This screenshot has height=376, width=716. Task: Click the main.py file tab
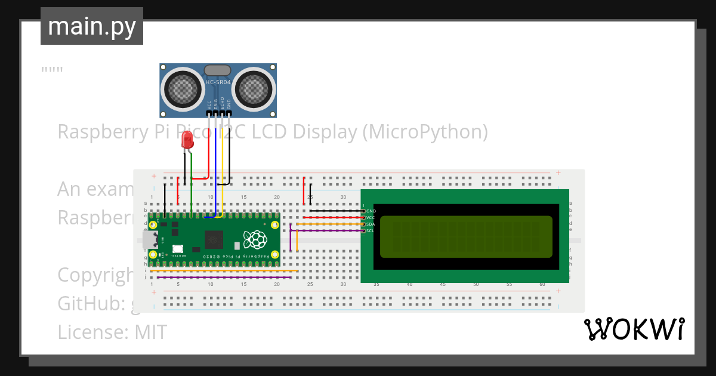point(91,26)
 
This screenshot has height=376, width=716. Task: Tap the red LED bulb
point(187,141)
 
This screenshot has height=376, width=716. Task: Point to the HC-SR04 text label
point(217,82)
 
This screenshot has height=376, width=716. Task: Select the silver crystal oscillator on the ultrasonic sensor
point(217,71)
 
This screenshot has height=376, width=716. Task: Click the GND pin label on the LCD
point(371,211)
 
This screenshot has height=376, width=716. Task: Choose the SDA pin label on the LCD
point(371,224)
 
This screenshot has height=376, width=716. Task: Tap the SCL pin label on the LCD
point(371,231)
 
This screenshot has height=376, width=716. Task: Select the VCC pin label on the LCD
point(371,218)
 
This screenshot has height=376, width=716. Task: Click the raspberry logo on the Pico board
point(256,240)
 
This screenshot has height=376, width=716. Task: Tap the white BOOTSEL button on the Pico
point(177,249)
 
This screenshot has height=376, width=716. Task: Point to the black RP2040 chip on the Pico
point(213,240)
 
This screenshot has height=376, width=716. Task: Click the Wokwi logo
point(634,329)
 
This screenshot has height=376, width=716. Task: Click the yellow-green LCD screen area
point(466,236)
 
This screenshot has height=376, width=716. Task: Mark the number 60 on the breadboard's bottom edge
point(542,285)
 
